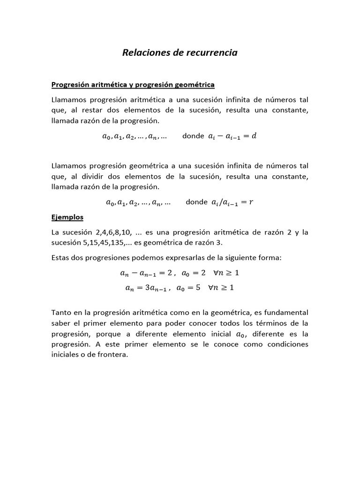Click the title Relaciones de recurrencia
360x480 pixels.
click(180, 52)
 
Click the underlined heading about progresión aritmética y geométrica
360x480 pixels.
click(133, 85)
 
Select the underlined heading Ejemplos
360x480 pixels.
click(67, 217)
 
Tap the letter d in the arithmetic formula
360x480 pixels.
click(255, 136)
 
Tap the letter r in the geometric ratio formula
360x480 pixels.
click(251, 202)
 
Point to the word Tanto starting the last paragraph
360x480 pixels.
click(61, 312)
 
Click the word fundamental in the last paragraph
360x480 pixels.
click(286, 312)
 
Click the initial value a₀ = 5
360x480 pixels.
click(188, 288)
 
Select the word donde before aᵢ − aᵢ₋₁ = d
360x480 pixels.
click(193, 136)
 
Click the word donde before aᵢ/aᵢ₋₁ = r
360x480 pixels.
click(196, 202)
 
